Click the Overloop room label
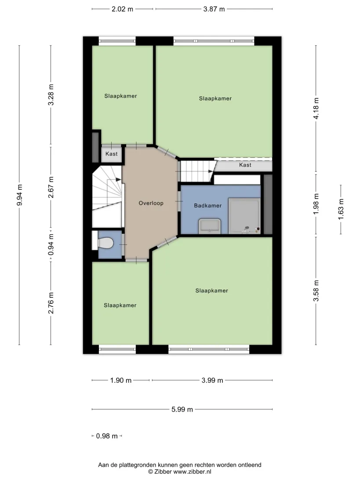pos(151,203)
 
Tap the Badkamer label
pos(208,205)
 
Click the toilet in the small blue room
pos(105,243)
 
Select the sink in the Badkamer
pos(210,226)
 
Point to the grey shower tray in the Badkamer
pos(244,216)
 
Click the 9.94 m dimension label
pos(19,195)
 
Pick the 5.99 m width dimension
pos(182,409)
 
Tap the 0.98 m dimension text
pos(107,436)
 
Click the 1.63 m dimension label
pos(341,209)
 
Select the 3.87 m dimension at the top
pos(214,9)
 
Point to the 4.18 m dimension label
pos(316,109)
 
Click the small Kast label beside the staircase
pos(112,154)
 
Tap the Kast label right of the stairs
pos(245,165)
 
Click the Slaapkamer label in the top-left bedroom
pos(120,96)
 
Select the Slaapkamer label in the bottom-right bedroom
pos(212,291)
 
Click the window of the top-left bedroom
pos(117,41)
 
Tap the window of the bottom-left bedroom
pos(117,349)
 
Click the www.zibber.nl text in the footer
pos(192,472)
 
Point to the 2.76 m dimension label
pos(51,303)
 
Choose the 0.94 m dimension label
pos(51,244)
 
